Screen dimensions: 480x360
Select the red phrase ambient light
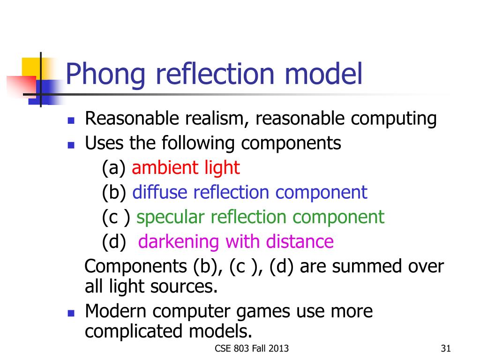click(x=186, y=167)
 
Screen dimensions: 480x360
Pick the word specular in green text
click(x=170, y=217)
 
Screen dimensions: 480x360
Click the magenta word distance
click(x=300, y=241)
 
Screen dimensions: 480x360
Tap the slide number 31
click(x=446, y=348)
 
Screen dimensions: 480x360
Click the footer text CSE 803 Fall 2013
click(x=252, y=348)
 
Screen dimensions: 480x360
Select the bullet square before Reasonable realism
click(x=71, y=120)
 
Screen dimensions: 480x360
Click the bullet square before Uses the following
click(x=71, y=145)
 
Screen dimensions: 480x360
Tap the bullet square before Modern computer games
click(x=71, y=313)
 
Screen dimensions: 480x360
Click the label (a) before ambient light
click(x=114, y=168)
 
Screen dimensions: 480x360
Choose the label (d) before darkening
click(x=114, y=242)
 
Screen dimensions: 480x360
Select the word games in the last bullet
click(x=263, y=312)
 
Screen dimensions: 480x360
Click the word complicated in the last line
click(x=134, y=332)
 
